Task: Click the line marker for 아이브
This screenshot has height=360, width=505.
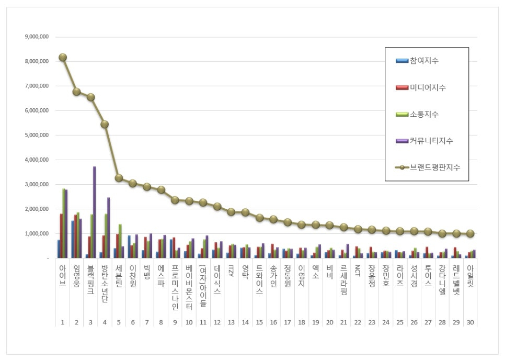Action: point(63,57)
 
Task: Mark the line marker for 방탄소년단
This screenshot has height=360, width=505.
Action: point(105,124)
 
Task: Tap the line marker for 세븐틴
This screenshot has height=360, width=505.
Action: point(119,178)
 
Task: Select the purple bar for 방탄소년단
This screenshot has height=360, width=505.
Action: point(109,228)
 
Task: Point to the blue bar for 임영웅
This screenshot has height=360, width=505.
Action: point(73,239)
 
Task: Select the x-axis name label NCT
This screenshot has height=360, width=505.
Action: point(358,271)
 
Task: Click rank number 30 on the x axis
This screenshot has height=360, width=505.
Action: point(470,322)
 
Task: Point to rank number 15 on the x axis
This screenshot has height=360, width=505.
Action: point(259,322)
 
